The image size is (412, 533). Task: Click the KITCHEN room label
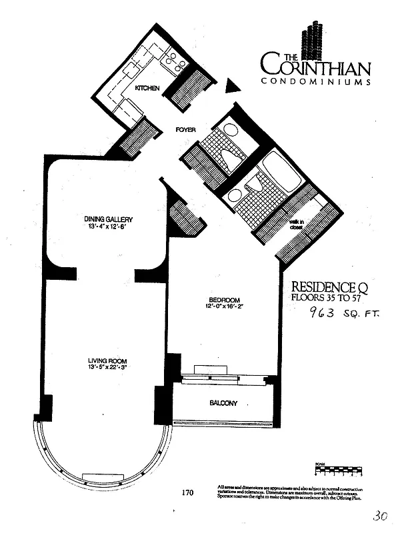[x=147, y=88]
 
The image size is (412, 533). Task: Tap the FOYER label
[x=185, y=130]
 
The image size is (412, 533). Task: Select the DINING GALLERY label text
[x=109, y=220]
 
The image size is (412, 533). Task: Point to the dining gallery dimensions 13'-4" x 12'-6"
[x=109, y=227]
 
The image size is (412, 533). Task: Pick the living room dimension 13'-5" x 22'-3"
[x=107, y=368]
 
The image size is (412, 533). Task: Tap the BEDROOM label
[x=223, y=300]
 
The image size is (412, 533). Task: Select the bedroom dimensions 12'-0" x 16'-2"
[x=223, y=307]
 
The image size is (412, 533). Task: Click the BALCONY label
[x=224, y=403]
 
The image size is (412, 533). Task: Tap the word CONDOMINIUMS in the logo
[x=315, y=81]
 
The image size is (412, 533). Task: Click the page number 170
[x=187, y=493]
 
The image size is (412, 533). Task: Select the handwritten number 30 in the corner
[x=381, y=516]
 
